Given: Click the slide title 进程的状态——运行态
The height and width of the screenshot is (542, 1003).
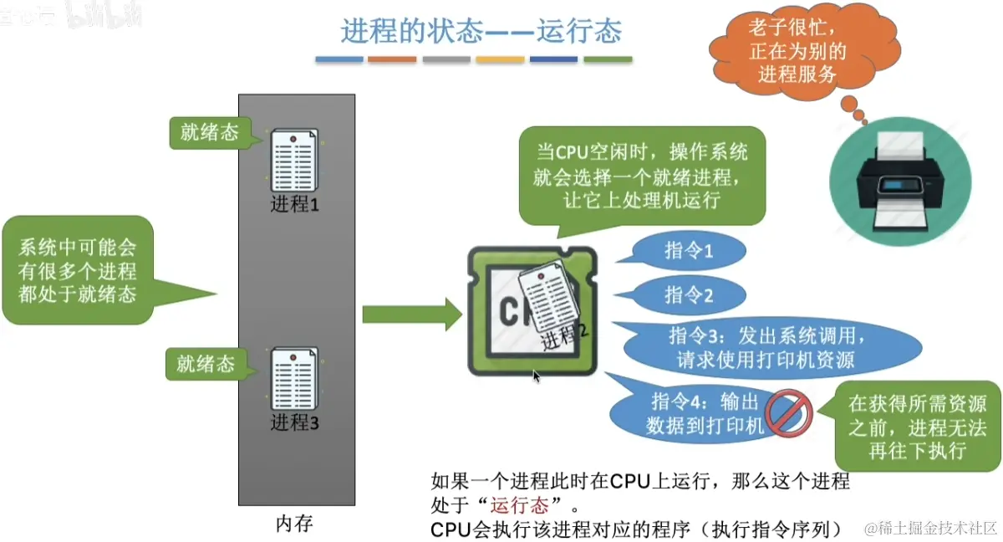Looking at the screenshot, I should coord(481,31).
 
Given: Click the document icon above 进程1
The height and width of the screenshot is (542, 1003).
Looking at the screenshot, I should coord(293,161).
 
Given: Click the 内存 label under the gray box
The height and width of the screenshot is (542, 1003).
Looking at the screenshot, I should coord(294,524).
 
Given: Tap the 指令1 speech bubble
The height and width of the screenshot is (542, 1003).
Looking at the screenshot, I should coord(688,250).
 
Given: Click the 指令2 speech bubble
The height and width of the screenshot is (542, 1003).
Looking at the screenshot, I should coord(688,294).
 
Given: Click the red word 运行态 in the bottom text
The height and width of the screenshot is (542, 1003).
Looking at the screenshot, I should coord(519,505).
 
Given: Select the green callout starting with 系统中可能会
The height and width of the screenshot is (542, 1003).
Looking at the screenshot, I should coord(79,270).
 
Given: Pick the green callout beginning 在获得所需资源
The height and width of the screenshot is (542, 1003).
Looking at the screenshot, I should coord(917,427).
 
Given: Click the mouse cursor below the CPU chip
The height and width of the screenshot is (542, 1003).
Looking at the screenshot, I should coord(537,377).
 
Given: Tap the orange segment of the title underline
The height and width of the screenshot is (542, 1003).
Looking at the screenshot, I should coord(392,59).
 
